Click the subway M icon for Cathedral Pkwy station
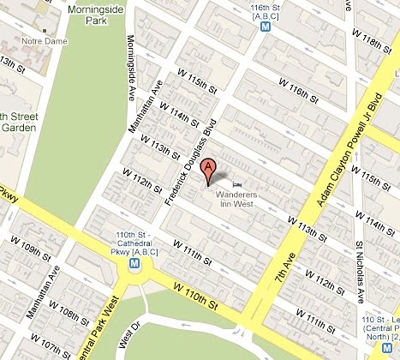point(134,266)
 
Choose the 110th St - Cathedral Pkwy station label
point(134,244)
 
